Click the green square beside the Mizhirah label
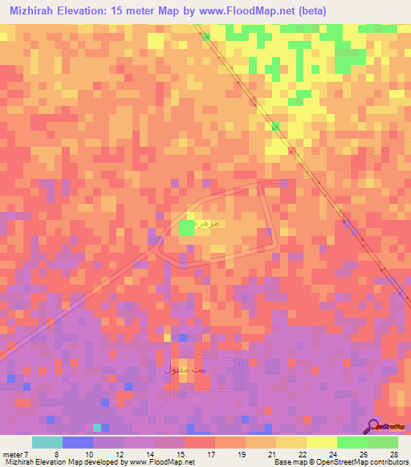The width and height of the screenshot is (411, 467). click(x=186, y=227)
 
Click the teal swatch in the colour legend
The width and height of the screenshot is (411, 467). click(x=47, y=442)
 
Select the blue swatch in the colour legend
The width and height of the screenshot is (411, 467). click(x=78, y=442)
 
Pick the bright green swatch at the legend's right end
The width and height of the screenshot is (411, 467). click(x=382, y=442)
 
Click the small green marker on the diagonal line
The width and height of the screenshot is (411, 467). click(x=275, y=125)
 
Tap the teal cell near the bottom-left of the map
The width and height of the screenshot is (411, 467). click(x=97, y=427)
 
